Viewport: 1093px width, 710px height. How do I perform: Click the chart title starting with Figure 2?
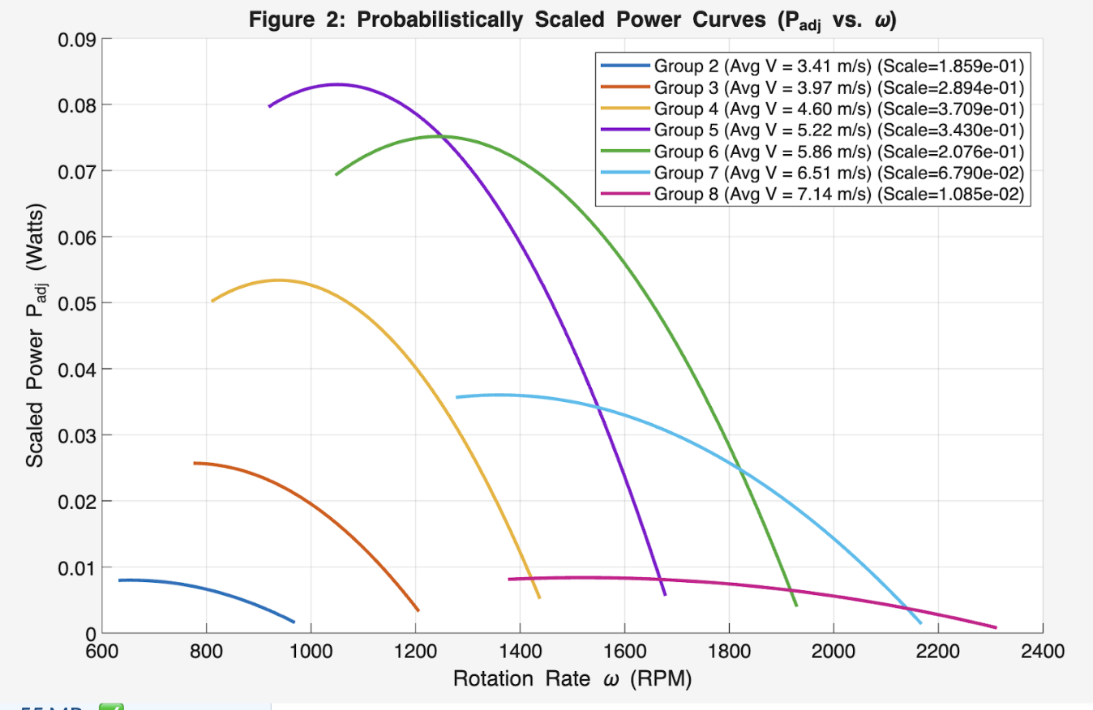(x=572, y=20)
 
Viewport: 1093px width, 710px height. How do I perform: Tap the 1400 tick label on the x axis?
(x=520, y=651)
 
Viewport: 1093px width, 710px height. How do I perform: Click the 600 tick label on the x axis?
(x=102, y=651)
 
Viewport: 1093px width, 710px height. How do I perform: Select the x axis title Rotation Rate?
(x=572, y=678)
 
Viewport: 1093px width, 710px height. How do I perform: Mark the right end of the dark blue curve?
(x=294, y=622)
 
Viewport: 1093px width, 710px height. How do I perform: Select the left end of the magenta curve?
(x=509, y=580)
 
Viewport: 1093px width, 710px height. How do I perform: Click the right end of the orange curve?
(x=418, y=610)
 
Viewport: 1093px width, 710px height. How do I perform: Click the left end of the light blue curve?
(x=457, y=397)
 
